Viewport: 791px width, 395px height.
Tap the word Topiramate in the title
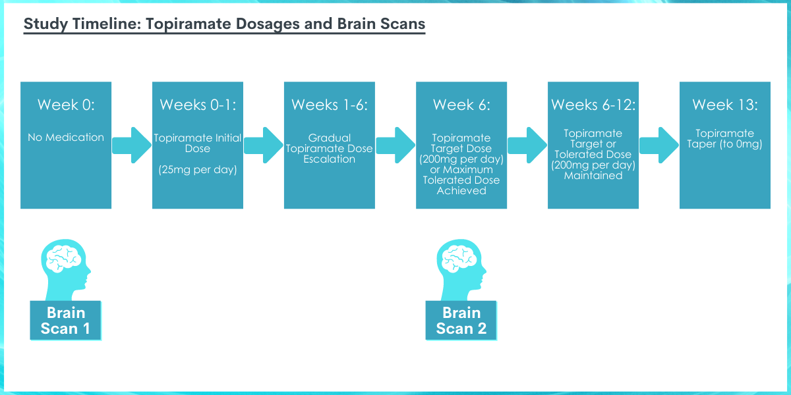click(189, 24)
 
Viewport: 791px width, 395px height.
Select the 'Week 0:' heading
click(66, 105)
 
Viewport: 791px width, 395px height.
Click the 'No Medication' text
click(66, 137)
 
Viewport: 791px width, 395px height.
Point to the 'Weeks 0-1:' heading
click(198, 105)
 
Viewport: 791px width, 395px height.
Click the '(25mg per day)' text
click(198, 170)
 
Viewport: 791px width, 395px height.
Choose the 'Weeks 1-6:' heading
click(330, 105)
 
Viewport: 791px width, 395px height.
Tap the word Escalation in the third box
click(330, 159)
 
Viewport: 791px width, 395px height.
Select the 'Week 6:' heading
click(461, 105)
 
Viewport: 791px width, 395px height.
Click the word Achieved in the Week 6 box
click(461, 191)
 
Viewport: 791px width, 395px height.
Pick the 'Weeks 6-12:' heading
click(593, 105)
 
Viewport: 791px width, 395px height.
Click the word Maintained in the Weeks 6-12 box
click(593, 176)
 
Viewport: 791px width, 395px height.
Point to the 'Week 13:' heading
click(725, 105)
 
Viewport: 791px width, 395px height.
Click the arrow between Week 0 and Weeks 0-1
click(132, 145)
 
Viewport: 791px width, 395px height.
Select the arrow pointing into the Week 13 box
click(659, 145)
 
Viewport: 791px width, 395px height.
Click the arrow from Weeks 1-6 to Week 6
click(395, 145)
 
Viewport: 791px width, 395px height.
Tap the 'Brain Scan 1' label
click(66, 321)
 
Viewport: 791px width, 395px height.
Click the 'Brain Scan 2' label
click(461, 321)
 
